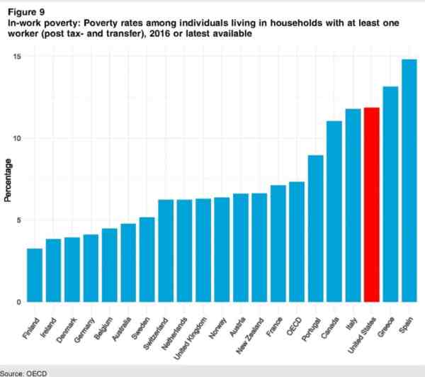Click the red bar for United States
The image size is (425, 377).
click(x=371, y=205)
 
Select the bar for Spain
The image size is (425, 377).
click(x=409, y=181)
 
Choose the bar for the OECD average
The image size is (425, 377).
click(x=297, y=242)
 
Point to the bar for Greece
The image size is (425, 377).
click(x=390, y=194)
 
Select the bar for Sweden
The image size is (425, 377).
click(x=147, y=259)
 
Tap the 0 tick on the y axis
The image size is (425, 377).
click(x=20, y=302)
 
